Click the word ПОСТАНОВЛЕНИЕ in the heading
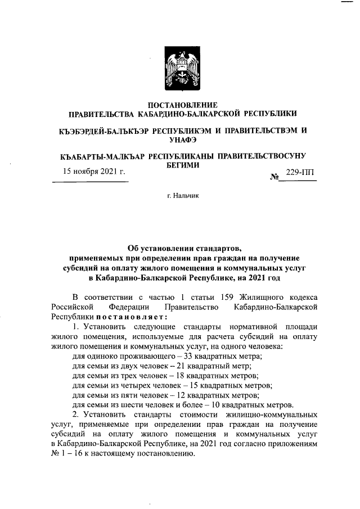pos(182,105)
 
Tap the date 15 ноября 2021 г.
pos(93,172)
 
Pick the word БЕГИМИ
pos(183,165)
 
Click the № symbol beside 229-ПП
pos(275,177)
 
